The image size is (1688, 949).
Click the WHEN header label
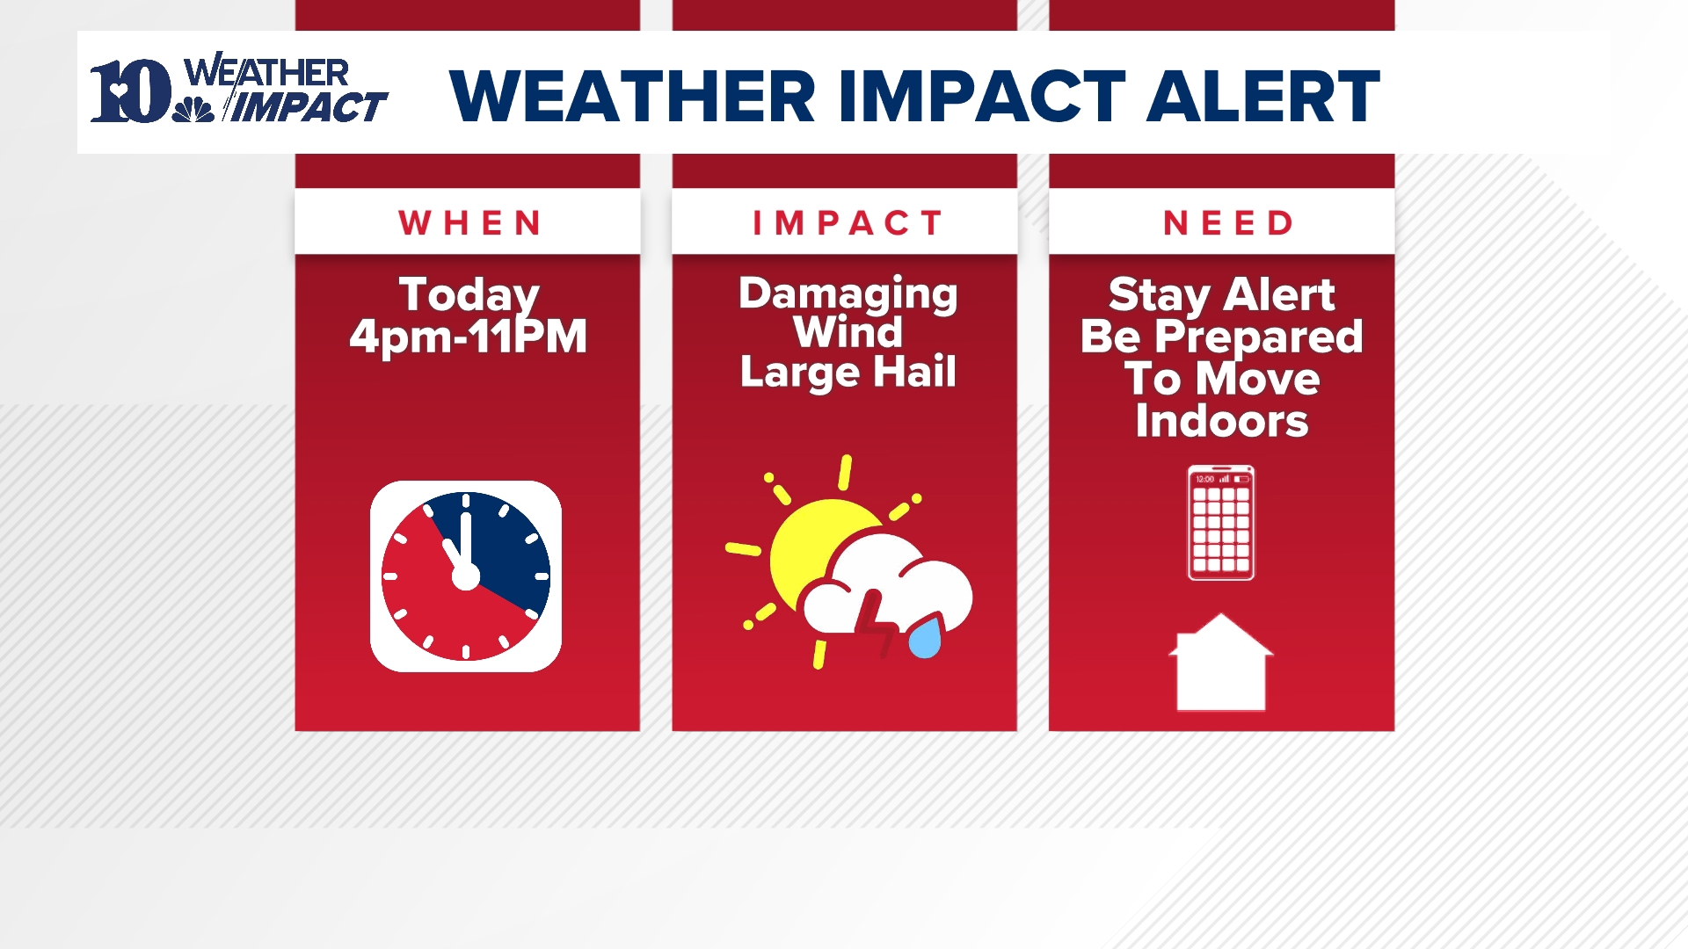pos(469,223)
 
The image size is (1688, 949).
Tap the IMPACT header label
pos(848,223)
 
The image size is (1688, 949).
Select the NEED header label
pos(1228,223)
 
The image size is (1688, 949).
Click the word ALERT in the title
pos(1262,96)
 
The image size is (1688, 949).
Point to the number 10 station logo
pos(130,91)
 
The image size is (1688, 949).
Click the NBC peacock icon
pos(193,110)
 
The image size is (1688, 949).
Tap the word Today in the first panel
pos(469,294)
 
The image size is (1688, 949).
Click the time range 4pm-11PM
pos(468,337)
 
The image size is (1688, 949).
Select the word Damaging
pos(848,293)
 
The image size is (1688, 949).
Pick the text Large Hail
pos(848,372)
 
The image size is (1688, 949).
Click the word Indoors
pos(1221,421)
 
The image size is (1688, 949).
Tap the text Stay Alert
pos(1221,294)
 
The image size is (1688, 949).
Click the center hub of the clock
pos(466,577)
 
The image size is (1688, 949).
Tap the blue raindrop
pos(925,639)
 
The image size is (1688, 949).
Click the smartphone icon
pos(1221,523)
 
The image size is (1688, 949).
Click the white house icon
pos(1221,665)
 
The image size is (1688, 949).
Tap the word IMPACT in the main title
pos(981,96)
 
